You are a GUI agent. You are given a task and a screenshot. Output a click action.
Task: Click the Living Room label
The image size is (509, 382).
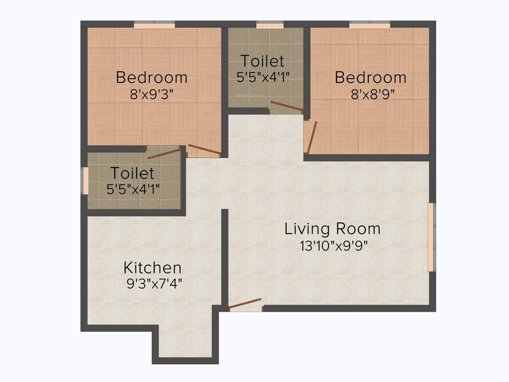pyautogui.click(x=333, y=229)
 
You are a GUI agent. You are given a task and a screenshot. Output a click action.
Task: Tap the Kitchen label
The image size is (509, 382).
pyautogui.click(x=153, y=268)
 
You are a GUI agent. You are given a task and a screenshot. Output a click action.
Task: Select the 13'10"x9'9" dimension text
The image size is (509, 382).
pyautogui.click(x=333, y=246)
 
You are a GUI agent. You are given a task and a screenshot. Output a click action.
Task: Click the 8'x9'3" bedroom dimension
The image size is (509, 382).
pyautogui.click(x=152, y=94)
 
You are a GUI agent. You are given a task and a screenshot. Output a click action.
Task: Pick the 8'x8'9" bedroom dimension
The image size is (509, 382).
pyautogui.click(x=373, y=94)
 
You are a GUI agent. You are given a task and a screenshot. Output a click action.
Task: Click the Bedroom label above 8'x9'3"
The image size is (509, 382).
pyautogui.click(x=152, y=78)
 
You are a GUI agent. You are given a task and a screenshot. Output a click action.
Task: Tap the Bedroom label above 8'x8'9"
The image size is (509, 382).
pyautogui.click(x=370, y=78)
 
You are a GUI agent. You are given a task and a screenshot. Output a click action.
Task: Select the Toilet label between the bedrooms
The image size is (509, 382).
pyautogui.click(x=262, y=61)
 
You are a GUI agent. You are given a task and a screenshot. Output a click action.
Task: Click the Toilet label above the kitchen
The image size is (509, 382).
pyautogui.click(x=132, y=174)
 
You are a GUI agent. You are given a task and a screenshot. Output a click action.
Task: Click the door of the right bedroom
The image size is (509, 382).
pyautogui.click(x=311, y=137)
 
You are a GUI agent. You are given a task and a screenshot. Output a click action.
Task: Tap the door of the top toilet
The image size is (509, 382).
pyautogui.click(x=286, y=106)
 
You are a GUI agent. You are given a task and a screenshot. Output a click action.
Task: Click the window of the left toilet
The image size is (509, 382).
pyautogui.click(x=85, y=181)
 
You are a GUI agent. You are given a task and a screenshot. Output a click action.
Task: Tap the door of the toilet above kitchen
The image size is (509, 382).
pyautogui.click(x=164, y=153)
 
